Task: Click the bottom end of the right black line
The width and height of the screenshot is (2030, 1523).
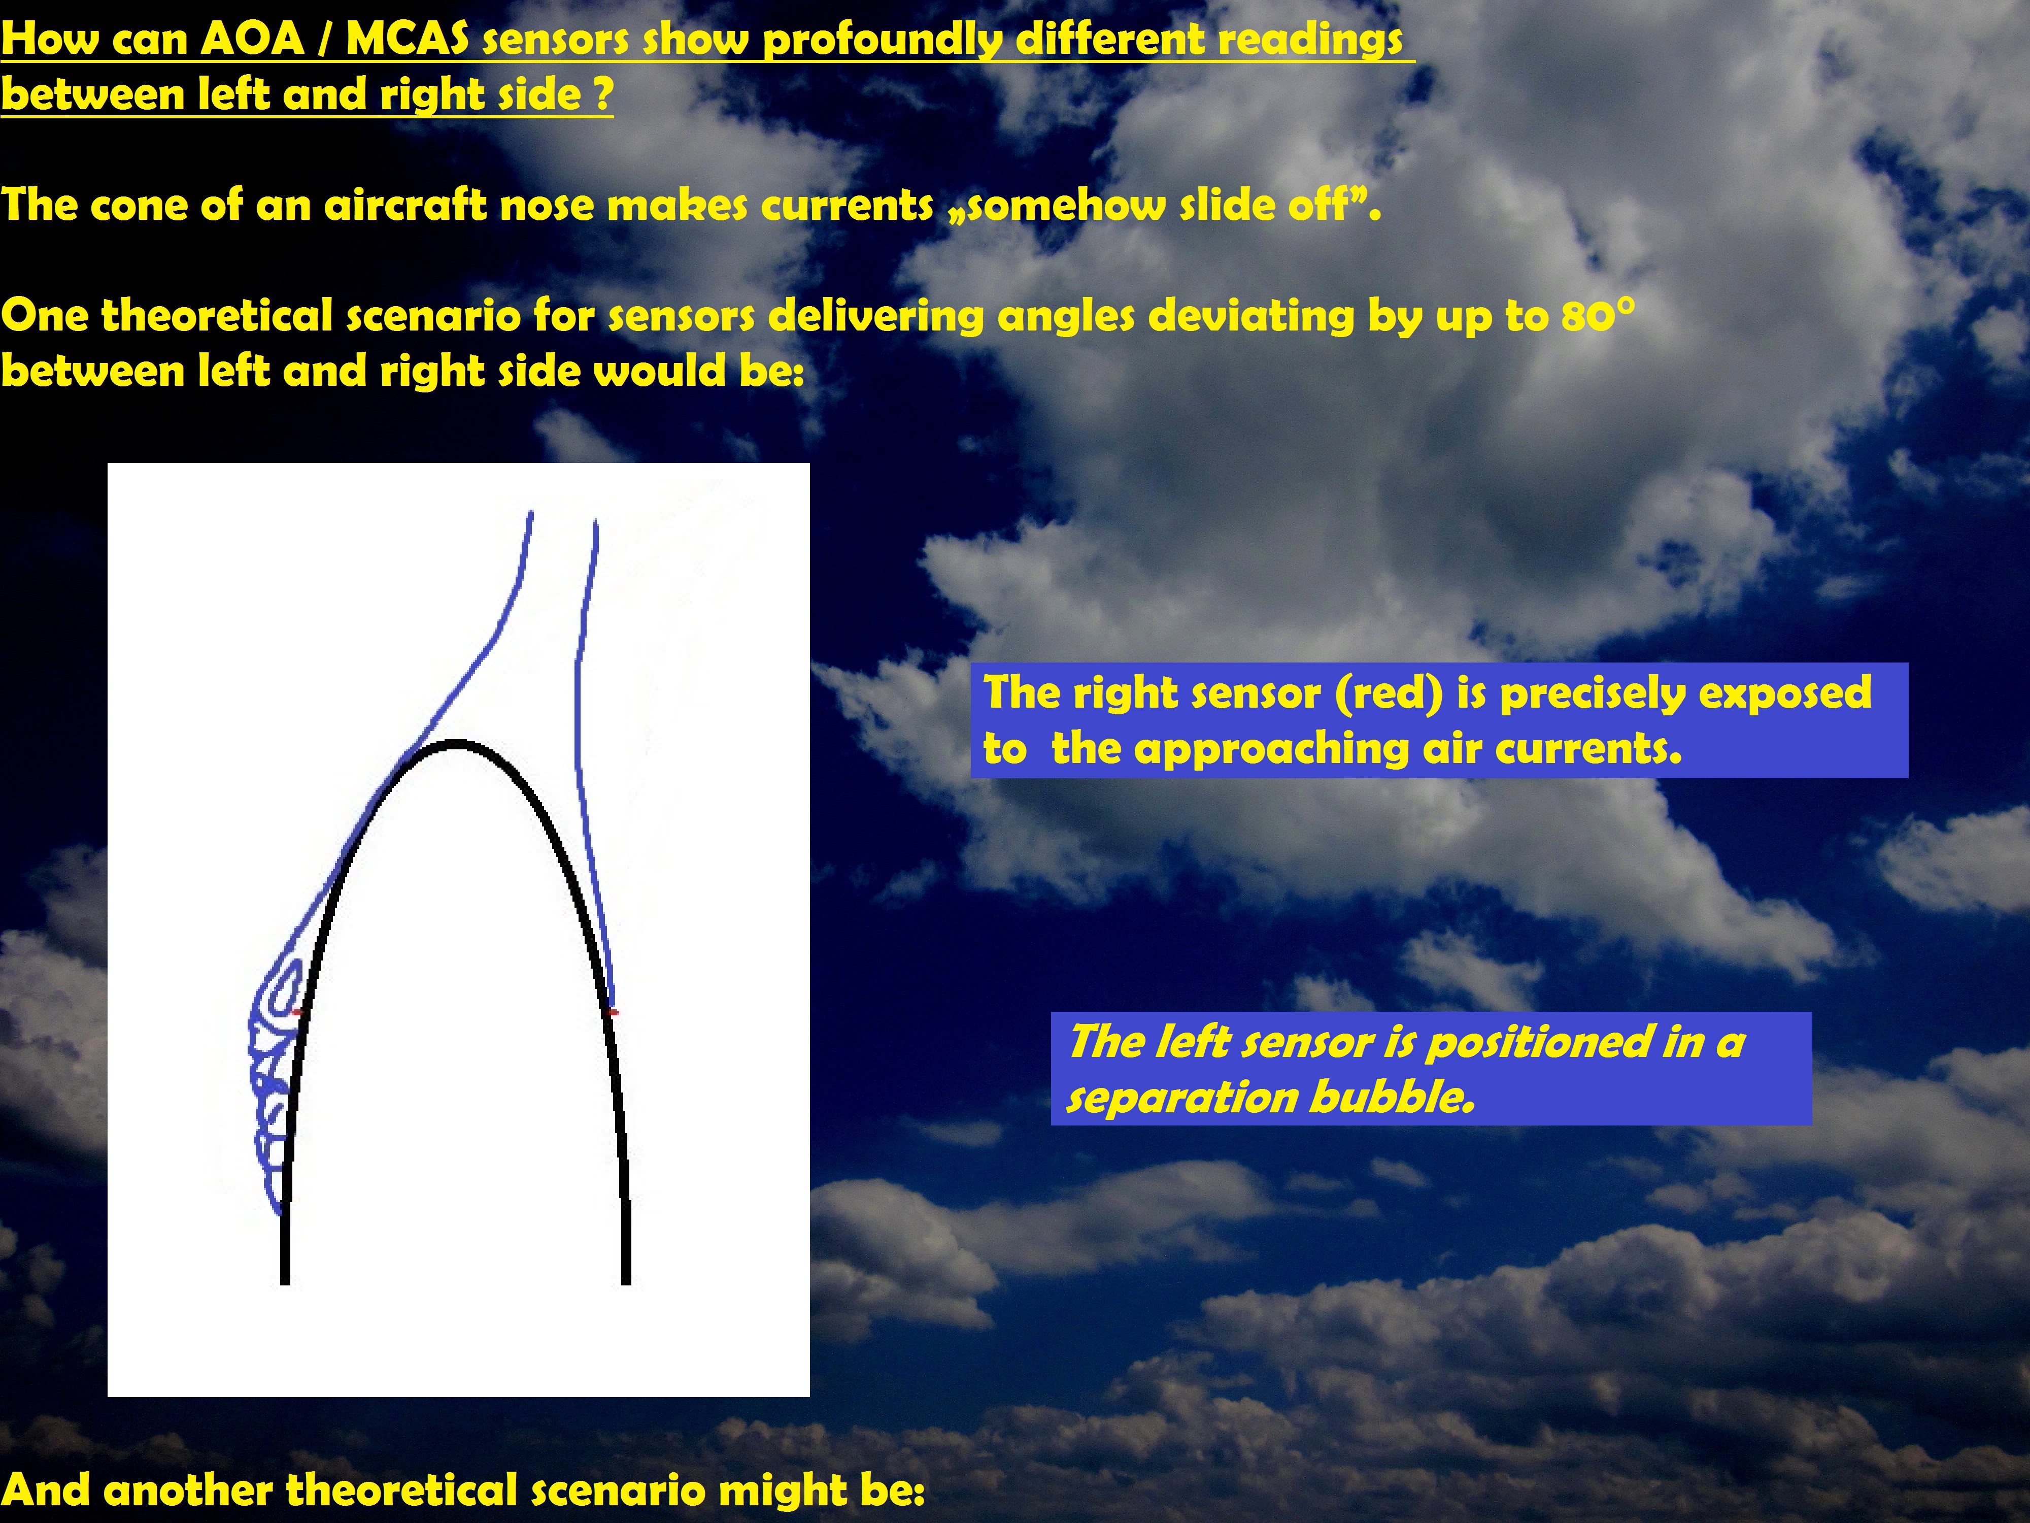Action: pyautogui.click(x=626, y=1282)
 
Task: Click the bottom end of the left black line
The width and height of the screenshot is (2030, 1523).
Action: pyautogui.click(x=285, y=1282)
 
